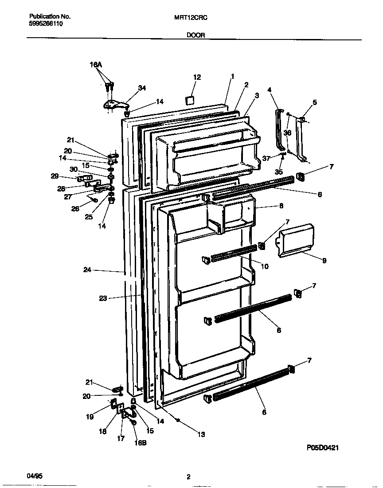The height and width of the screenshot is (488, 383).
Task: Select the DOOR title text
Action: point(195,35)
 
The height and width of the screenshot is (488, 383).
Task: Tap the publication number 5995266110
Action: point(43,24)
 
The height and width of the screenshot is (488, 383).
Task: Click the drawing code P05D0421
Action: point(323,448)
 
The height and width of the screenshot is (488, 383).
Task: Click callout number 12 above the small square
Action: point(197,77)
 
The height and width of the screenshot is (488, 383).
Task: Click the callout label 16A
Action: point(96,65)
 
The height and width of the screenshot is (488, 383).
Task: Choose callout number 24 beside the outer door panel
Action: point(87,269)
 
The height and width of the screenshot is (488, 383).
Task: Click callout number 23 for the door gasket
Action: point(103,298)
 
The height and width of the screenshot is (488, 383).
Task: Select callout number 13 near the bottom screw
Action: point(201,434)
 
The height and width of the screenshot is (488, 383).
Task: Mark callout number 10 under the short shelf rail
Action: point(265,266)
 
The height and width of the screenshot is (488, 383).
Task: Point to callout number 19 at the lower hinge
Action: point(90,416)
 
